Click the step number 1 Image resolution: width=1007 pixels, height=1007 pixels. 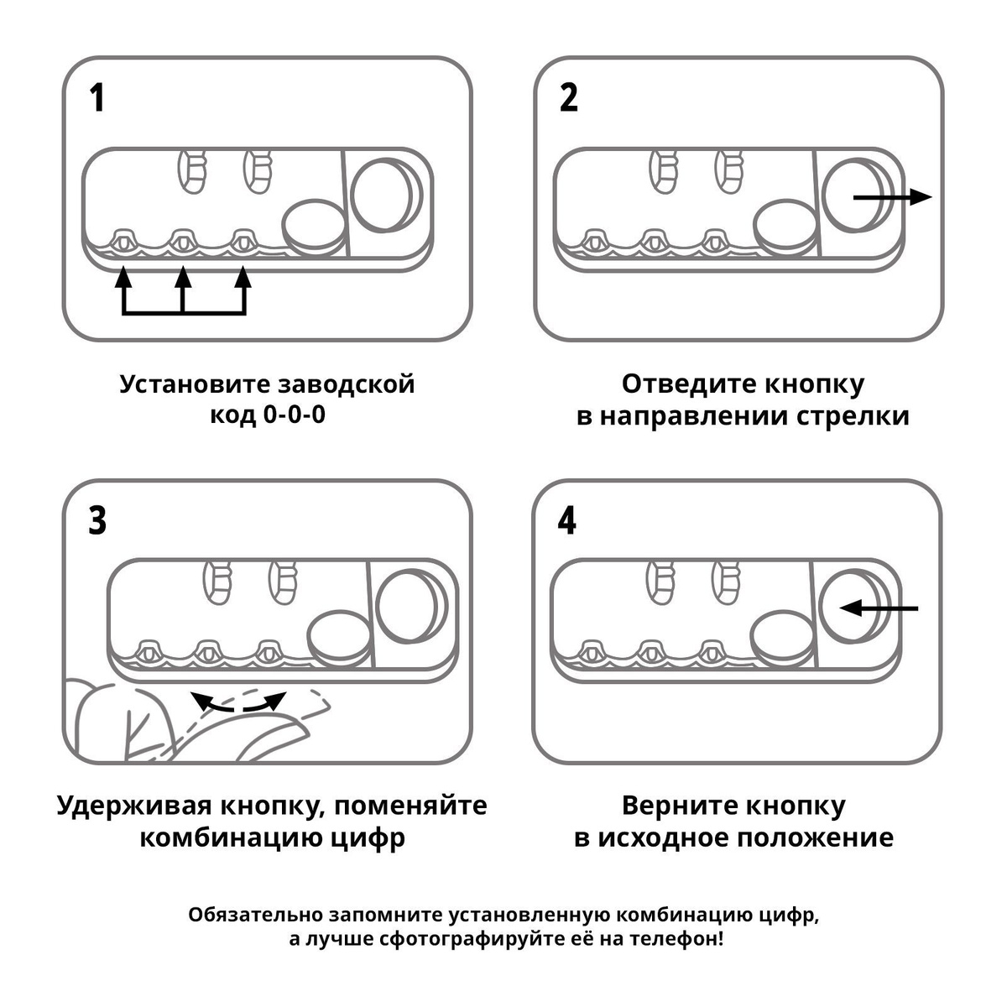(x=98, y=98)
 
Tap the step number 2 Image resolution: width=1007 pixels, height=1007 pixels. (x=569, y=98)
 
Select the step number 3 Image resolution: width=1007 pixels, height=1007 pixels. (x=98, y=521)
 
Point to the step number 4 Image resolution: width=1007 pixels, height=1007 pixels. (x=568, y=521)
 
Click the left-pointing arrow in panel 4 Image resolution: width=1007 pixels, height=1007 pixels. (x=879, y=608)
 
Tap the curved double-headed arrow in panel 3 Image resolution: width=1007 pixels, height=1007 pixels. (x=238, y=702)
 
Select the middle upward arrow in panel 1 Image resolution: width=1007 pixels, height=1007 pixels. (x=183, y=290)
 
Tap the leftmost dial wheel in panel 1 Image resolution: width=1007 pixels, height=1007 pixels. (x=123, y=241)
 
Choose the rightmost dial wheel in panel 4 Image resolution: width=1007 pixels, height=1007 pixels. (x=712, y=650)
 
